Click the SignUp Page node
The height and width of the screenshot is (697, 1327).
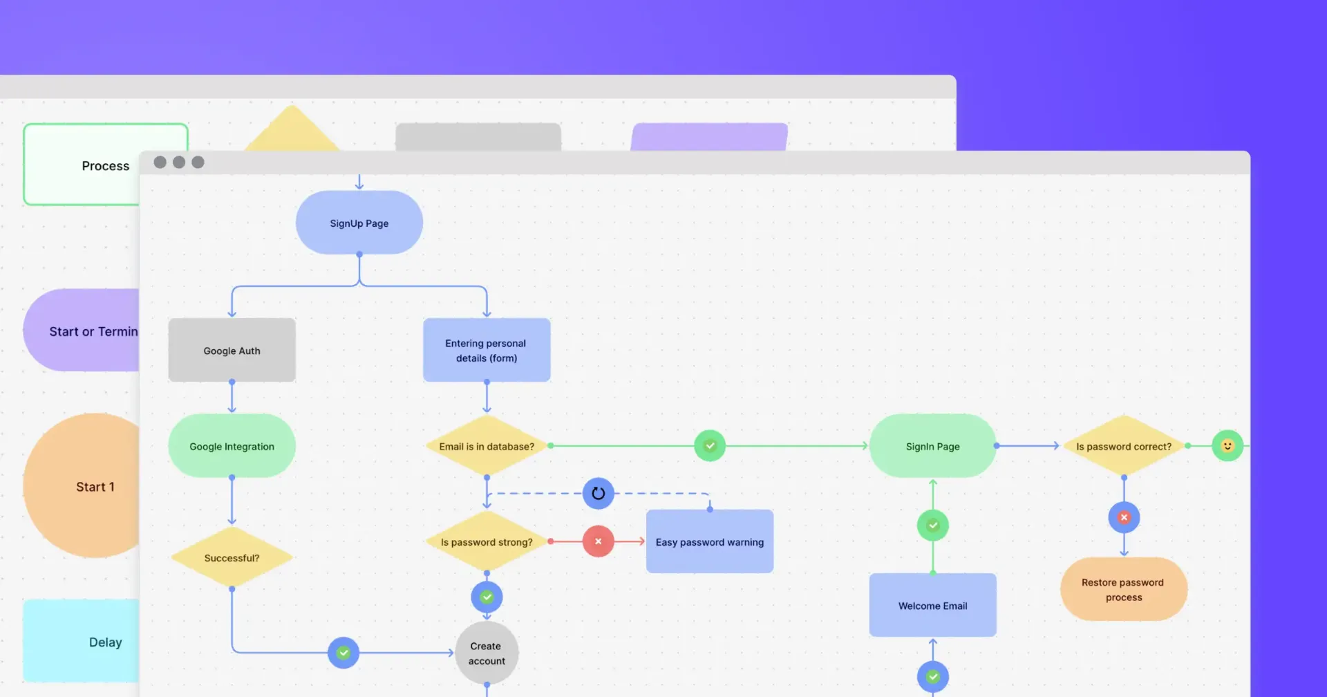click(359, 223)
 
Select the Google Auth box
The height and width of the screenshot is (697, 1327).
click(232, 350)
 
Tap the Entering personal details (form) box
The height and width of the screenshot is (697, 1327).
click(486, 350)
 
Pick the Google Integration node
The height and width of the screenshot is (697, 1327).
click(232, 446)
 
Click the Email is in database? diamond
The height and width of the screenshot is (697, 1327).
click(487, 446)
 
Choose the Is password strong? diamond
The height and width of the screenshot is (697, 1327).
click(487, 541)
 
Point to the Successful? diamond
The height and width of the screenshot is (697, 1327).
click(232, 557)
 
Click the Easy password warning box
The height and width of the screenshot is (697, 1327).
click(709, 541)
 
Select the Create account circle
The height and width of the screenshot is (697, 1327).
click(487, 653)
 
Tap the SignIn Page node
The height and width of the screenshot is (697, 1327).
click(932, 446)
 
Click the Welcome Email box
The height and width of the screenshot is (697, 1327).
click(932, 605)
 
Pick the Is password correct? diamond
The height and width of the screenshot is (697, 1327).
click(1123, 446)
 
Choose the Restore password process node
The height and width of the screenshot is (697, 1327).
click(1123, 589)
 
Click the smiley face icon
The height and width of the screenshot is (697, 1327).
click(1227, 446)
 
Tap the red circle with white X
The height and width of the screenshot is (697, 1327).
click(598, 541)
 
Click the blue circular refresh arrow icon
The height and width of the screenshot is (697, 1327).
click(598, 494)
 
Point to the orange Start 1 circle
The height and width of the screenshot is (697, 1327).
click(83, 486)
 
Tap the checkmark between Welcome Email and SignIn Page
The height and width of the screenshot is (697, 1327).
click(932, 526)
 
